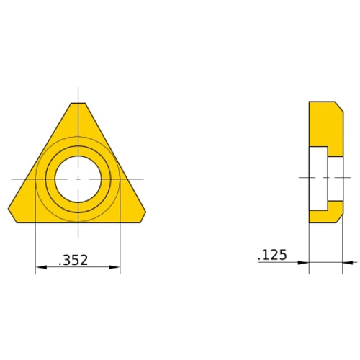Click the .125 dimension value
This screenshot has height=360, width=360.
(x=271, y=255)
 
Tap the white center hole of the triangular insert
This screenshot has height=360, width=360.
(x=78, y=178)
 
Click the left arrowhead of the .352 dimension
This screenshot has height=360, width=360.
(x=39, y=268)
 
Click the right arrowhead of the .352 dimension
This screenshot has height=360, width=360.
(x=116, y=268)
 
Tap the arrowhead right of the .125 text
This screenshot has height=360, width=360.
(x=304, y=263)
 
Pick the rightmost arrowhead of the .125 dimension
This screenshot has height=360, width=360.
(x=346, y=263)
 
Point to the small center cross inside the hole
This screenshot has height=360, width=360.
(x=78, y=178)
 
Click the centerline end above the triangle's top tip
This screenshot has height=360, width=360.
(x=78, y=91)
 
